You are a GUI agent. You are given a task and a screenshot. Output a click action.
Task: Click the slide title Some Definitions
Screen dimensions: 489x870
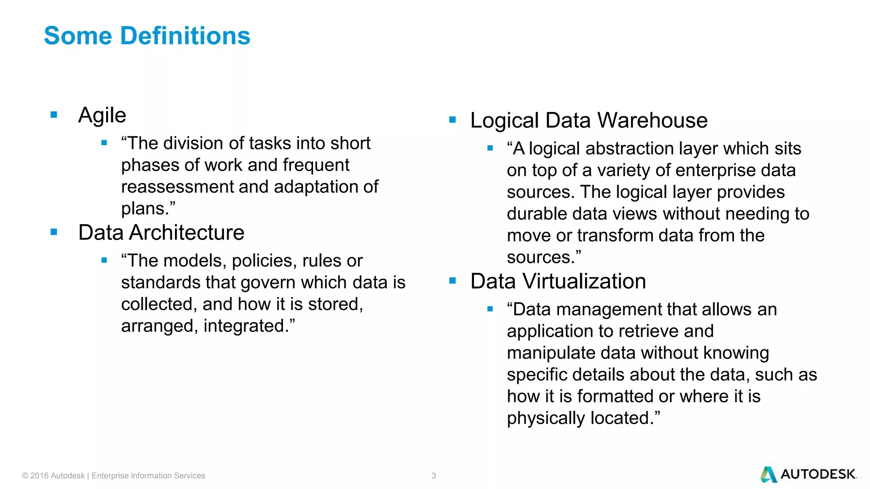tap(147, 36)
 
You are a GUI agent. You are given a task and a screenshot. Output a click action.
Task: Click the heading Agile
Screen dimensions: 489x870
tap(102, 115)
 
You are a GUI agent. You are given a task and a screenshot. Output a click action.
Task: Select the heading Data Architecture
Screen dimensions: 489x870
tap(161, 233)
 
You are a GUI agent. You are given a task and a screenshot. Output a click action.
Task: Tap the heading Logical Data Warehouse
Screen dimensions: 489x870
tap(589, 121)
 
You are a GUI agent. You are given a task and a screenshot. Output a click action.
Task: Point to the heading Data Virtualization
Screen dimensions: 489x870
tap(558, 281)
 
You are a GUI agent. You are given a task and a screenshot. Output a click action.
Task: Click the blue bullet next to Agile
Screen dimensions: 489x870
tap(54, 115)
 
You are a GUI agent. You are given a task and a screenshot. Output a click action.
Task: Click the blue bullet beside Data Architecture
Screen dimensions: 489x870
tap(54, 232)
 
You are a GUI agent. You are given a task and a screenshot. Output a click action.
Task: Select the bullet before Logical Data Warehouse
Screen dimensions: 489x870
tap(452, 120)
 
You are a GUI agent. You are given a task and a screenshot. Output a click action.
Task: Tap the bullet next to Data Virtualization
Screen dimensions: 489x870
tap(452, 281)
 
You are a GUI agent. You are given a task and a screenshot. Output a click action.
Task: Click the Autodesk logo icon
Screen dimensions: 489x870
tap(768, 475)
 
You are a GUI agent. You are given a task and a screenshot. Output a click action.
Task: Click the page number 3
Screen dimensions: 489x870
tap(434, 476)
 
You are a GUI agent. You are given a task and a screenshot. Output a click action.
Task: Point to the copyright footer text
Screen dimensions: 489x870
tap(113, 476)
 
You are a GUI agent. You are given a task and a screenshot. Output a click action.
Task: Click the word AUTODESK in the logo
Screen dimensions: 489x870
tap(818, 474)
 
